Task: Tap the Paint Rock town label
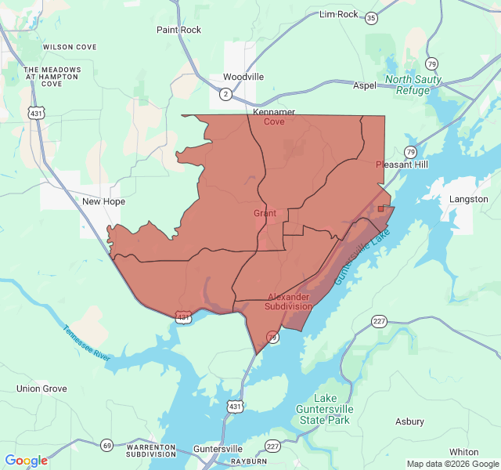tap(178, 30)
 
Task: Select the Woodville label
tap(243, 77)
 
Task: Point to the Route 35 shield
tap(371, 17)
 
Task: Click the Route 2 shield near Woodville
tap(225, 94)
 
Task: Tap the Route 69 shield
tap(106, 445)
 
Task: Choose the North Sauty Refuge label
tap(413, 85)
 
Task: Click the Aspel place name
tap(365, 85)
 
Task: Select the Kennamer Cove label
tap(274, 117)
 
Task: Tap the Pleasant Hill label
tap(402, 164)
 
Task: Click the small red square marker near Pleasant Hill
tap(380, 208)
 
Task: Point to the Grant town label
tap(265, 213)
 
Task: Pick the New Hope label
tap(103, 201)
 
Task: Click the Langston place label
tap(468, 199)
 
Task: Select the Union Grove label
tap(41, 389)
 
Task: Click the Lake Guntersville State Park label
tap(326, 409)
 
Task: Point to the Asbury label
tap(409, 421)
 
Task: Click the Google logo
tap(26, 461)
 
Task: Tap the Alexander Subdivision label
tap(290, 302)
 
